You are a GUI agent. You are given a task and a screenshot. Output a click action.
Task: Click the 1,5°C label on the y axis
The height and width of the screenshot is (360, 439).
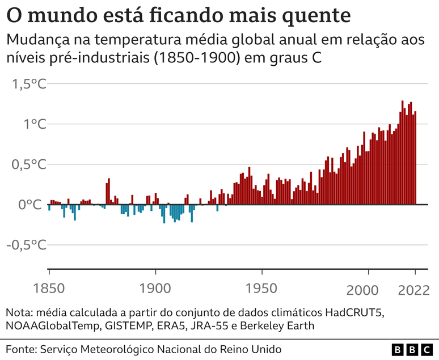tap(29, 84)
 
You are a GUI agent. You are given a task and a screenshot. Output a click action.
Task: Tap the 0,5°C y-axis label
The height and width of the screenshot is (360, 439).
tap(29, 165)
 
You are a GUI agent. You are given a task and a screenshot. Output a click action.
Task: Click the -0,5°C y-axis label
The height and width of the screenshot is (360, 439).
tap(27, 245)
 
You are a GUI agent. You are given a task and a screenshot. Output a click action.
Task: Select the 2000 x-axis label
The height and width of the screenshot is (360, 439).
tap(362, 290)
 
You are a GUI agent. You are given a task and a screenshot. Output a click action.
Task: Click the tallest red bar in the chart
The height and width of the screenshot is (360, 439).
tap(403, 153)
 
